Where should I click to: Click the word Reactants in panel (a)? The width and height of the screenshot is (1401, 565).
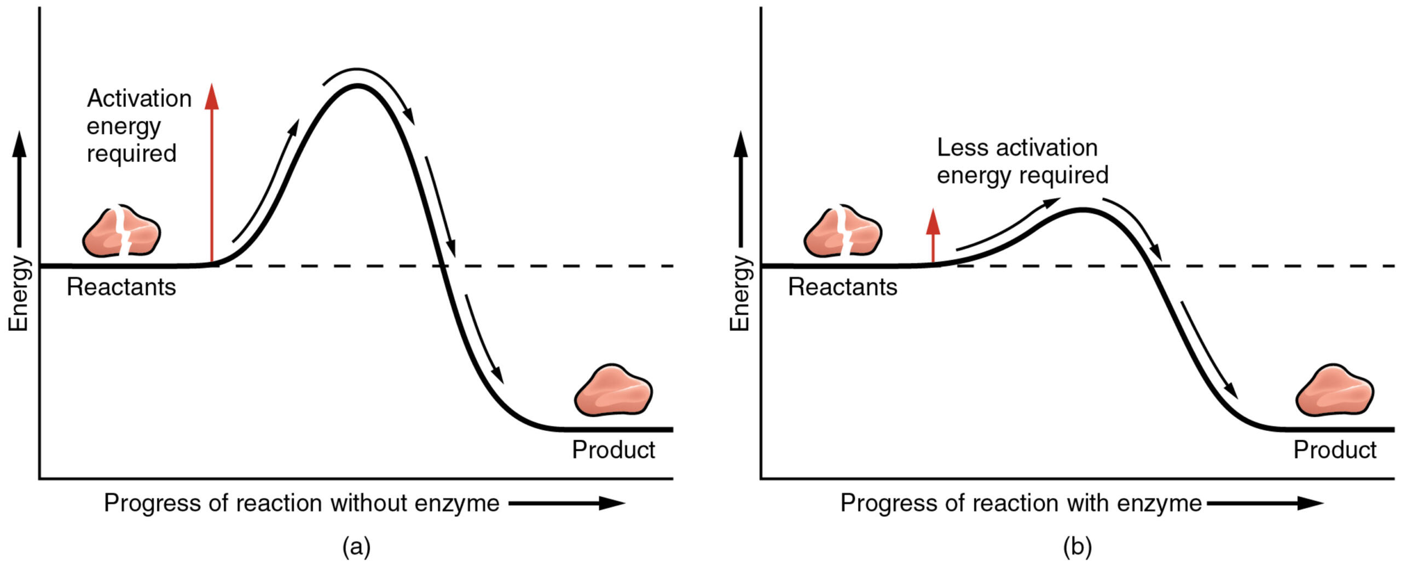(x=121, y=287)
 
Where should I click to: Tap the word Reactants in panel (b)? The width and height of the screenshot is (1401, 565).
(x=842, y=287)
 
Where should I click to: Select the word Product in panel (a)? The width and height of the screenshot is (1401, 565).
(x=613, y=450)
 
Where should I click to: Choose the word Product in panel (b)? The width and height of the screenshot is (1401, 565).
(x=1335, y=450)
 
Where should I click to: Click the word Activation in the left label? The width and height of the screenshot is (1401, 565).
(x=139, y=99)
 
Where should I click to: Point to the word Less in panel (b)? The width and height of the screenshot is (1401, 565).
(x=963, y=148)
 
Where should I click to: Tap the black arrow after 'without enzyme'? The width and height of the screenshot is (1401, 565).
(x=566, y=503)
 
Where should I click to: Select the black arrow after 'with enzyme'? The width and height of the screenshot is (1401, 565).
(x=1264, y=503)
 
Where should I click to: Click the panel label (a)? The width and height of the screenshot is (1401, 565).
(x=356, y=547)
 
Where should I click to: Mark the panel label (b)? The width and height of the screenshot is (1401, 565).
(x=1078, y=547)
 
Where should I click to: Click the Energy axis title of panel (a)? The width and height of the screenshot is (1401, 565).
(x=19, y=293)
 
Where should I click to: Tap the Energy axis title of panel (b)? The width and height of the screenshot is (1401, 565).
(x=740, y=293)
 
